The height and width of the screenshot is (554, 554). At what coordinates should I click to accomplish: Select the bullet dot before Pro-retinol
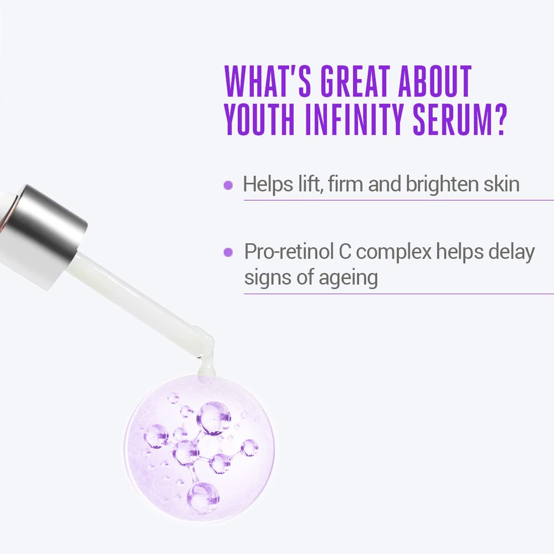tap(228, 253)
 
